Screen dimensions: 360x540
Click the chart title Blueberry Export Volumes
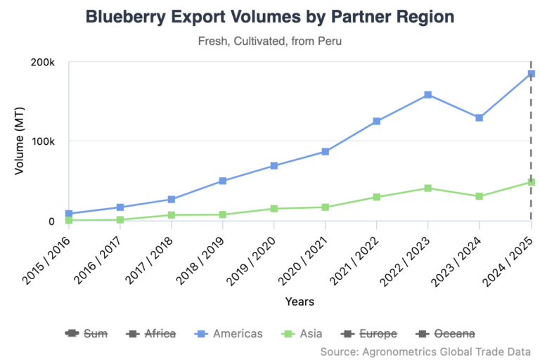270,17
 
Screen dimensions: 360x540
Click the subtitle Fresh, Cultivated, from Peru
270,42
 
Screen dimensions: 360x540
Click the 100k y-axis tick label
42,141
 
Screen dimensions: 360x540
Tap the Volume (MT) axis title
19,141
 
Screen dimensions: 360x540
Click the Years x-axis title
300,302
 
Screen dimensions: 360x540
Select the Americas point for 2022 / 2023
427,95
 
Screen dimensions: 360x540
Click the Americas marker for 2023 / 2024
479,117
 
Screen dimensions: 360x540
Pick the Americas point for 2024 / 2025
531,74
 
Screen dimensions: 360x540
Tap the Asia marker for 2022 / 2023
427,188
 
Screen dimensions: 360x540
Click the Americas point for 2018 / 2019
222,181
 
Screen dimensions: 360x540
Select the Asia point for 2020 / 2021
325,207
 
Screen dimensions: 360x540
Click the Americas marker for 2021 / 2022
376,121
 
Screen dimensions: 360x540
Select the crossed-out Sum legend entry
86,333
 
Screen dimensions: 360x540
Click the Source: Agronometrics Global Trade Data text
425,350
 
